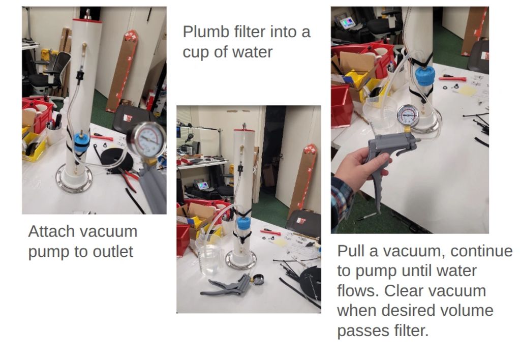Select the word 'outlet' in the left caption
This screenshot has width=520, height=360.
point(113,252)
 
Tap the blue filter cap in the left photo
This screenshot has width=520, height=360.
point(81,142)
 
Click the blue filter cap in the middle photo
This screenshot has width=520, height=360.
point(244,224)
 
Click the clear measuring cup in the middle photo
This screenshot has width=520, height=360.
point(208,254)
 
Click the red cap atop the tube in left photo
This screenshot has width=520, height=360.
point(87,20)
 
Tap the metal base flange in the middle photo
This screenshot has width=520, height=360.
point(241,260)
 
